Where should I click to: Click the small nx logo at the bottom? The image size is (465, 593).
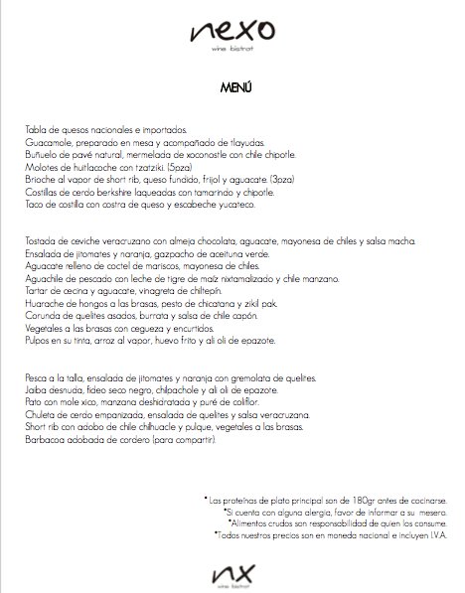pyautogui.click(x=233, y=572)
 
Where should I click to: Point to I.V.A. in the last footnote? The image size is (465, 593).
pyautogui.click(x=442, y=533)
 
